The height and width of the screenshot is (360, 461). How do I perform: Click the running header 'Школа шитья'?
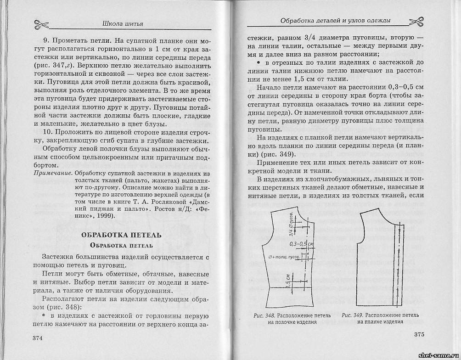121,23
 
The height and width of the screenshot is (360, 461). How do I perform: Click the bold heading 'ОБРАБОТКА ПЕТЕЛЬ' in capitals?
121,235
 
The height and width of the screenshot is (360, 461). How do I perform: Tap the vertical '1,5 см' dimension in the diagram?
287,280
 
